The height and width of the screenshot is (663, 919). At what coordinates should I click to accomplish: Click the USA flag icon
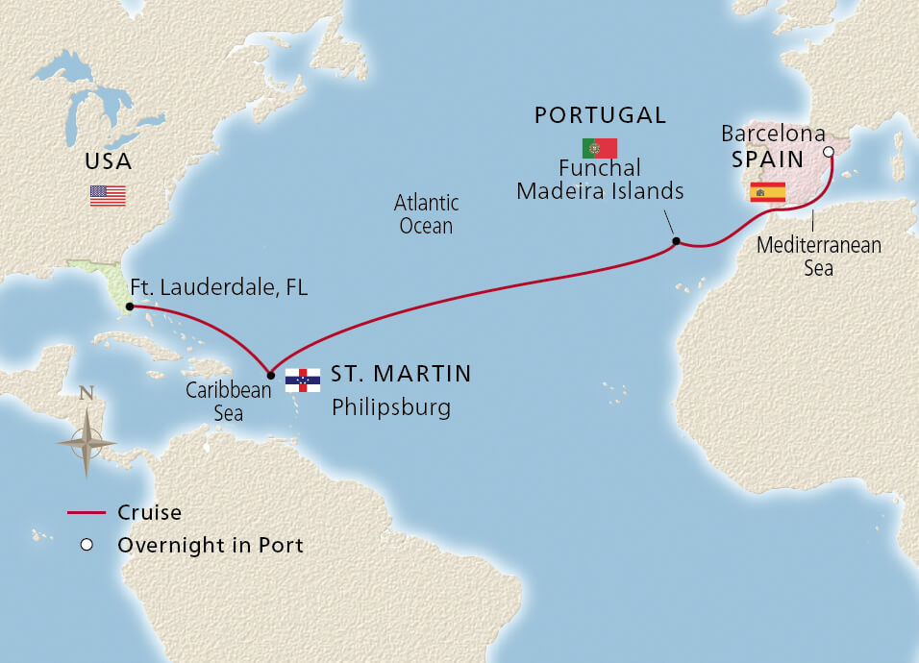(108, 195)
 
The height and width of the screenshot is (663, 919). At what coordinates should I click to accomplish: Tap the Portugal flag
(599, 148)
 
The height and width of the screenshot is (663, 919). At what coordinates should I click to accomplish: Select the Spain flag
(767, 191)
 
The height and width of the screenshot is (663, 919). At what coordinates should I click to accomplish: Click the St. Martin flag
(303, 380)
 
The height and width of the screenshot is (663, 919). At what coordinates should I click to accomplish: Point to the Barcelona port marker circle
(830, 151)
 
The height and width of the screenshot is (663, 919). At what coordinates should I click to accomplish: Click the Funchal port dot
(676, 240)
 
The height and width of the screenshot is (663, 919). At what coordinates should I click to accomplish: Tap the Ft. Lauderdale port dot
(128, 307)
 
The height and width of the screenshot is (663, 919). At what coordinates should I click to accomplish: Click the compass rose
(87, 442)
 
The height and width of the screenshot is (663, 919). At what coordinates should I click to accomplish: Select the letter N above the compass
(87, 393)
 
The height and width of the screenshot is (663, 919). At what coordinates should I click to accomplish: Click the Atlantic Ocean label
(426, 214)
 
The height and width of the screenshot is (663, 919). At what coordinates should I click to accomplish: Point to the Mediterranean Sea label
(818, 257)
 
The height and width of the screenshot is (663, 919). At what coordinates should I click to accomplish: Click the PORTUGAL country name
(600, 115)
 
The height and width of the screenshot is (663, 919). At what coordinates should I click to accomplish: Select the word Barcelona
(773, 133)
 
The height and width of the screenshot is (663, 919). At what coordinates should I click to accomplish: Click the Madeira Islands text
(600, 191)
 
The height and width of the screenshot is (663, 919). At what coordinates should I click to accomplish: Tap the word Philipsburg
(390, 407)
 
